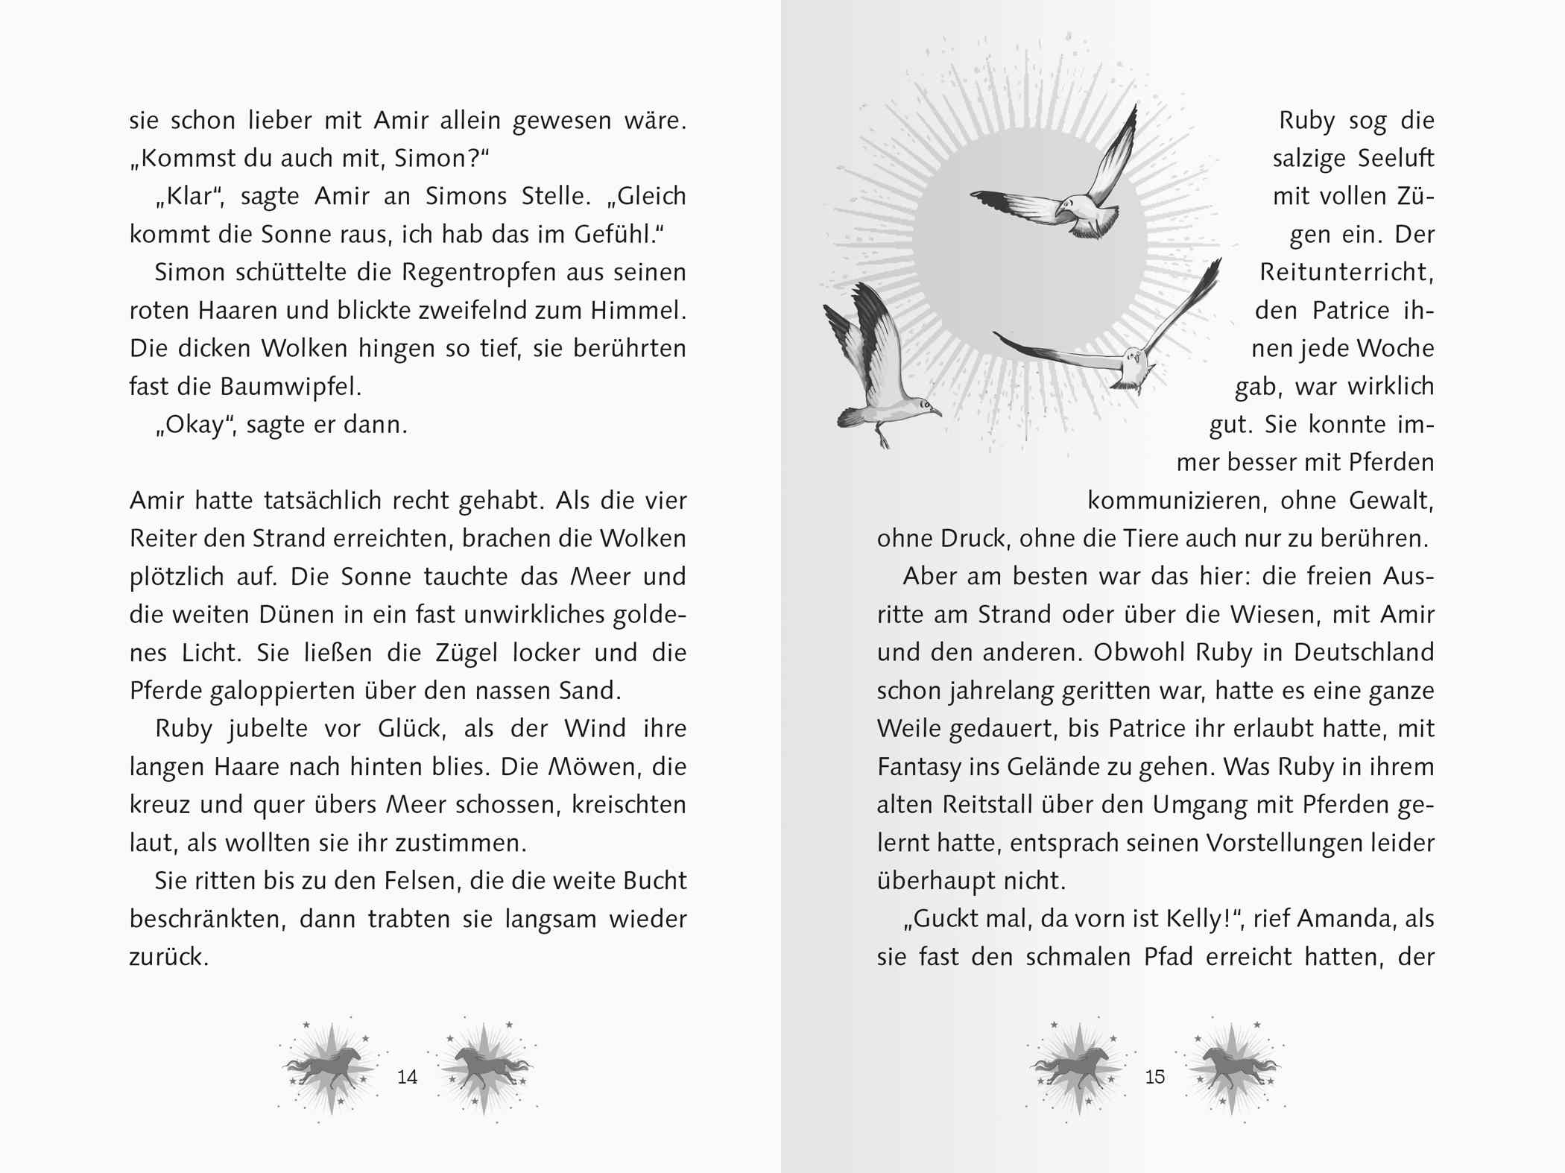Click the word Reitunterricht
(x=1345, y=273)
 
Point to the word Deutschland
(x=1363, y=653)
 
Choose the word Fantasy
(x=919, y=768)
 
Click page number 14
(x=407, y=1077)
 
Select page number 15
(x=1154, y=1077)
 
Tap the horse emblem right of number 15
(x=1231, y=1069)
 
